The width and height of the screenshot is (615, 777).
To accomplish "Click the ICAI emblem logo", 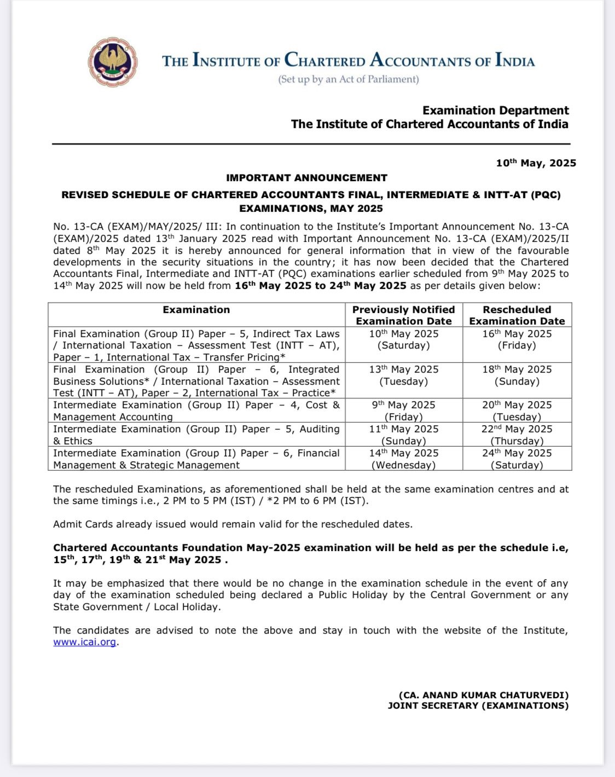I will (x=113, y=62).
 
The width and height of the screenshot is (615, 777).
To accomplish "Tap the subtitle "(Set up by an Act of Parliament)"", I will (x=349, y=79).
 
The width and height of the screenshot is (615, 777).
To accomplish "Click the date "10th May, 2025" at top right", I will (x=536, y=163).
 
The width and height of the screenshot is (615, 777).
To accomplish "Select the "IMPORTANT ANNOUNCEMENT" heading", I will (x=306, y=178).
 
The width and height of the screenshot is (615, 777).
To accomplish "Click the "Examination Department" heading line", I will (x=495, y=111).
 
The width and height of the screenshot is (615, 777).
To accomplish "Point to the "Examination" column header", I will (x=196, y=310).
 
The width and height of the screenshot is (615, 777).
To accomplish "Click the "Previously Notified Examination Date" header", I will (x=404, y=315).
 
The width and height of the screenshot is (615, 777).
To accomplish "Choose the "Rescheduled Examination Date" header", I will (x=517, y=315).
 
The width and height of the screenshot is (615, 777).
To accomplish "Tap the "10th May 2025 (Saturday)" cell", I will (x=404, y=340).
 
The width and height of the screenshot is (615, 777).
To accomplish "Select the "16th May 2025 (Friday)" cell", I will (x=517, y=340).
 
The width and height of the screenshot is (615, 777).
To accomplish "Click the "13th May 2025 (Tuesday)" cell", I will (x=404, y=375).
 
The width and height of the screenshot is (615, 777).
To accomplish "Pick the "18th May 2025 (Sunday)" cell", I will (x=517, y=375).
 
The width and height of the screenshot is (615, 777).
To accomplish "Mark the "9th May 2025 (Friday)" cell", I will (x=404, y=410).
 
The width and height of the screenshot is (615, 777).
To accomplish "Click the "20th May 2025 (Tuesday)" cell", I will (x=517, y=410).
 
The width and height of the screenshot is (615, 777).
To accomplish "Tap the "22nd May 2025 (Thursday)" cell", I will (x=517, y=434).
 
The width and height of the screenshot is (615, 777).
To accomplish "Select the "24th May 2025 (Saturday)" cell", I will (x=517, y=459).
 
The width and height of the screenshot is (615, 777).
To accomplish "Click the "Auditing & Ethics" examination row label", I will (x=196, y=434).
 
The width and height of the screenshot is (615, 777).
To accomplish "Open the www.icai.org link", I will (x=85, y=642).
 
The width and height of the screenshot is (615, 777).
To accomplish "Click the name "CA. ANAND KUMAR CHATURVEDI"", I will (x=484, y=695).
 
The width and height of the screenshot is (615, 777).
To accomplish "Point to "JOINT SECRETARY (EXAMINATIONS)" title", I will (x=478, y=706).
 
